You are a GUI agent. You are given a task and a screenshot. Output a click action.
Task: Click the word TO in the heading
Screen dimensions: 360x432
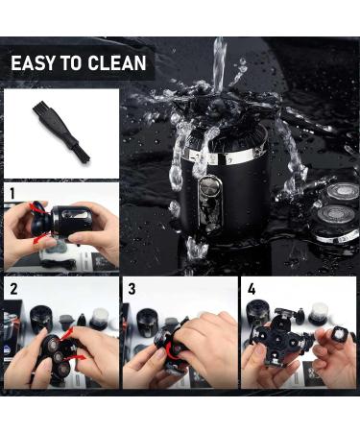[72, 62]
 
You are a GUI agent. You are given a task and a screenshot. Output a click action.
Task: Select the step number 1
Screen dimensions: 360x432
[12, 194]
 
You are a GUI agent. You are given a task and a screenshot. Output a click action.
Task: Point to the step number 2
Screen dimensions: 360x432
[13, 289]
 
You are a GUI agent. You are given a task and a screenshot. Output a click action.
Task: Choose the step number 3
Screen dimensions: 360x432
[132, 289]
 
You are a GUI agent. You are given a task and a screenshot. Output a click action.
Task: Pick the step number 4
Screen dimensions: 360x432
[252, 289]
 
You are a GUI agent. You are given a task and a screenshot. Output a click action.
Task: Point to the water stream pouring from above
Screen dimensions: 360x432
[220, 65]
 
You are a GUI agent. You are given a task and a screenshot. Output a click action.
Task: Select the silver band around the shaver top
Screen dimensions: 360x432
[221, 156]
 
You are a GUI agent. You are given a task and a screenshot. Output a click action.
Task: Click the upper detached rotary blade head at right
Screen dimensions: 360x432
[342, 193]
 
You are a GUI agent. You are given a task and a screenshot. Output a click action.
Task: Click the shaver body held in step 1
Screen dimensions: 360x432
[71, 221]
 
